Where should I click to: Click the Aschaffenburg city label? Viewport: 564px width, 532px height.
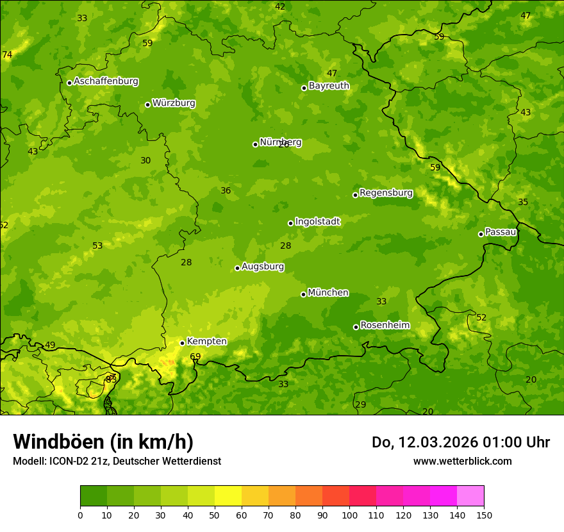pyautogui.click(x=106, y=81)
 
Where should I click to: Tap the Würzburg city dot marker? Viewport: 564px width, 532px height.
pyautogui.click(x=147, y=104)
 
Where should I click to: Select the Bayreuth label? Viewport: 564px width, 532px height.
pyautogui.click(x=329, y=86)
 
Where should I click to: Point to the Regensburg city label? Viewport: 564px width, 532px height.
pyautogui.click(x=386, y=193)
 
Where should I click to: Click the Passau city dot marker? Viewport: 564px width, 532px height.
pyautogui.click(x=481, y=234)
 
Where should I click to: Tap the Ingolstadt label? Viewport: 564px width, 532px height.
pyautogui.click(x=317, y=222)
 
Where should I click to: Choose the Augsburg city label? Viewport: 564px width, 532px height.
pyautogui.click(x=263, y=267)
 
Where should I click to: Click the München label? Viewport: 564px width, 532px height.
pyautogui.click(x=328, y=293)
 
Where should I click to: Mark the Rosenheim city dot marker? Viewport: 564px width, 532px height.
pyautogui.click(x=356, y=327)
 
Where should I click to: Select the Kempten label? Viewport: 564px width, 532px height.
pyautogui.click(x=206, y=342)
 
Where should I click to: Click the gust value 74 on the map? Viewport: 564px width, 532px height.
pyautogui.click(x=7, y=55)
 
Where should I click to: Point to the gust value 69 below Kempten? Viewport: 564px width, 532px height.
pyautogui.click(x=195, y=357)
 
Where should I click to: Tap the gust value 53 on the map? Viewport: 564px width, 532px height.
pyautogui.click(x=97, y=246)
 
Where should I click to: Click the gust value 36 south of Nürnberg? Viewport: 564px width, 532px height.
pyautogui.click(x=226, y=191)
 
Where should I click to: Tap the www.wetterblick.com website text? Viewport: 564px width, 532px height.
pyautogui.click(x=462, y=461)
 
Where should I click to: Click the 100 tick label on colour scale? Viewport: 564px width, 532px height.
pyautogui.click(x=349, y=515)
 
